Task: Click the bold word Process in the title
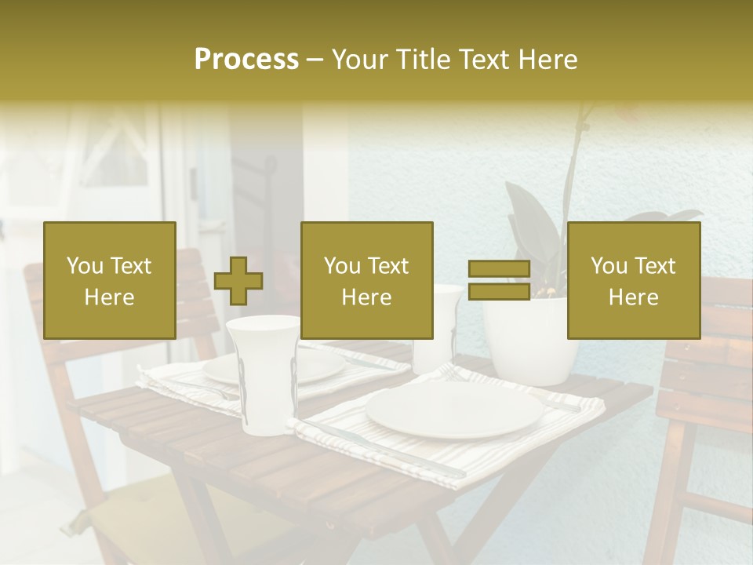click(x=246, y=60)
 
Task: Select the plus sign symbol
click(x=238, y=281)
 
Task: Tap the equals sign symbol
click(x=499, y=280)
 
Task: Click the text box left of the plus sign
click(x=110, y=281)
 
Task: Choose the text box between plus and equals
click(x=367, y=281)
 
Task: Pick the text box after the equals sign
click(x=634, y=281)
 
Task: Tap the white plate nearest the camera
click(x=454, y=410)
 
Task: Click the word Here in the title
click(x=548, y=60)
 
